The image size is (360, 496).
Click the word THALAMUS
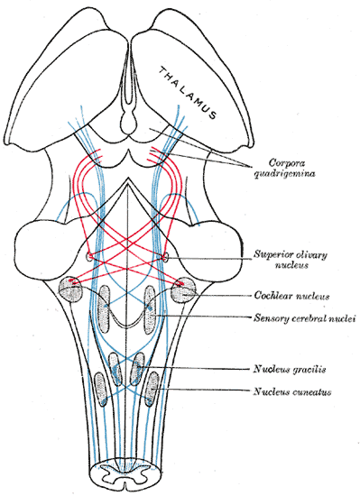pyautogui.click(x=188, y=93)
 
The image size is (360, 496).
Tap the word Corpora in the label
pyautogui.click(x=282, y=163)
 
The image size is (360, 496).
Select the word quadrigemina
pyautogui.click(x=285, y=174)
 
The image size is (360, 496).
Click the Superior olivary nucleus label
pyautogui.click(x=291, y=260)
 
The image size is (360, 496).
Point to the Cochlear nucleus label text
pyautogui.click(x=291, y=296)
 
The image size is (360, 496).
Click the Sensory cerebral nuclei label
pyautogui.click(x=304, y=317)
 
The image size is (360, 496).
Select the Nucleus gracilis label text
pyautogui.click(x=289, y=369)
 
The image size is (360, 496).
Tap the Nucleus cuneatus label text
pyautogui.click(x=292, y=392)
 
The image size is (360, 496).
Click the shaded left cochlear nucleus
pyautogui.click(x=71, y=289)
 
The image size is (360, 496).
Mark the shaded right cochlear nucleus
pyautogui.click(x=183, y=289)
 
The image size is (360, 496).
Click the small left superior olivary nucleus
pyautogui.click(x=88, y=257)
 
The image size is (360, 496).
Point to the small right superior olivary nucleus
pyautogui.click(x=165, y=257)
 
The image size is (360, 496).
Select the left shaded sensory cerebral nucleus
pyautogui.click(x=104, y=309)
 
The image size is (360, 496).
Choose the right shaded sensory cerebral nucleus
pyautogui.click(x=150, y=309)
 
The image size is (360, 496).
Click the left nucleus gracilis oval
pyautogui.click(x=115, y=369)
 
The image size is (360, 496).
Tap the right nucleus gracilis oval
pyautogui.click(x=137, y=369)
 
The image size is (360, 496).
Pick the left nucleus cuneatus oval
pyautogui.click(x=100, y=389)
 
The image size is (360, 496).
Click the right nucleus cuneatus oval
pyautogui.click(x=152, y=389)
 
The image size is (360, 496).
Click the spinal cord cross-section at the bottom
pyautogui.click(x=125, y=476)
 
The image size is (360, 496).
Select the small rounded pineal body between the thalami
pyautogui.click(x=129, y=123)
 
